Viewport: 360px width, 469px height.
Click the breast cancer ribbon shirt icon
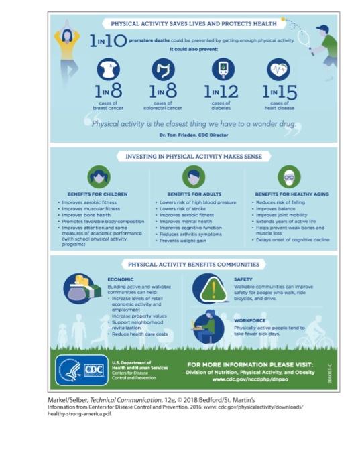click(109, 70)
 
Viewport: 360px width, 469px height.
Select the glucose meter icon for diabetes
click(223, 70)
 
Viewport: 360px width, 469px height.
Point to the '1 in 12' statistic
click(221, 91)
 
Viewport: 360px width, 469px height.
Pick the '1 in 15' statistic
click(279, 91)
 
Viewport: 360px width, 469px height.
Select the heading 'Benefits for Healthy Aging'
click(292, 194)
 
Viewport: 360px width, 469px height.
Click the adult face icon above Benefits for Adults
click(193, 176)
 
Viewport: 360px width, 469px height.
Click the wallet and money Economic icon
click(81, 287)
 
